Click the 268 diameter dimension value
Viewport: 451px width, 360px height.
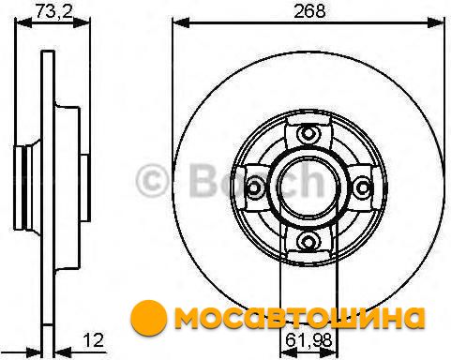309,11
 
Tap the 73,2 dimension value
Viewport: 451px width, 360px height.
53,11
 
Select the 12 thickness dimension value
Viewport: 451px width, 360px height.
94,340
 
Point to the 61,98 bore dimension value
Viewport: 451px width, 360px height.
308,341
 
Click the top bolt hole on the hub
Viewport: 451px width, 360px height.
308,134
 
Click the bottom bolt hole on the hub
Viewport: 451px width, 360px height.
308,241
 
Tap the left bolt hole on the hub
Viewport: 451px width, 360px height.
254,187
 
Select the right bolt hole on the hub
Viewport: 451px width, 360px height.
363,187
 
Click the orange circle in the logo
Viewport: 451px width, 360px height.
149,318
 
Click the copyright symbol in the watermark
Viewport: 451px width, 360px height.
152,181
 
